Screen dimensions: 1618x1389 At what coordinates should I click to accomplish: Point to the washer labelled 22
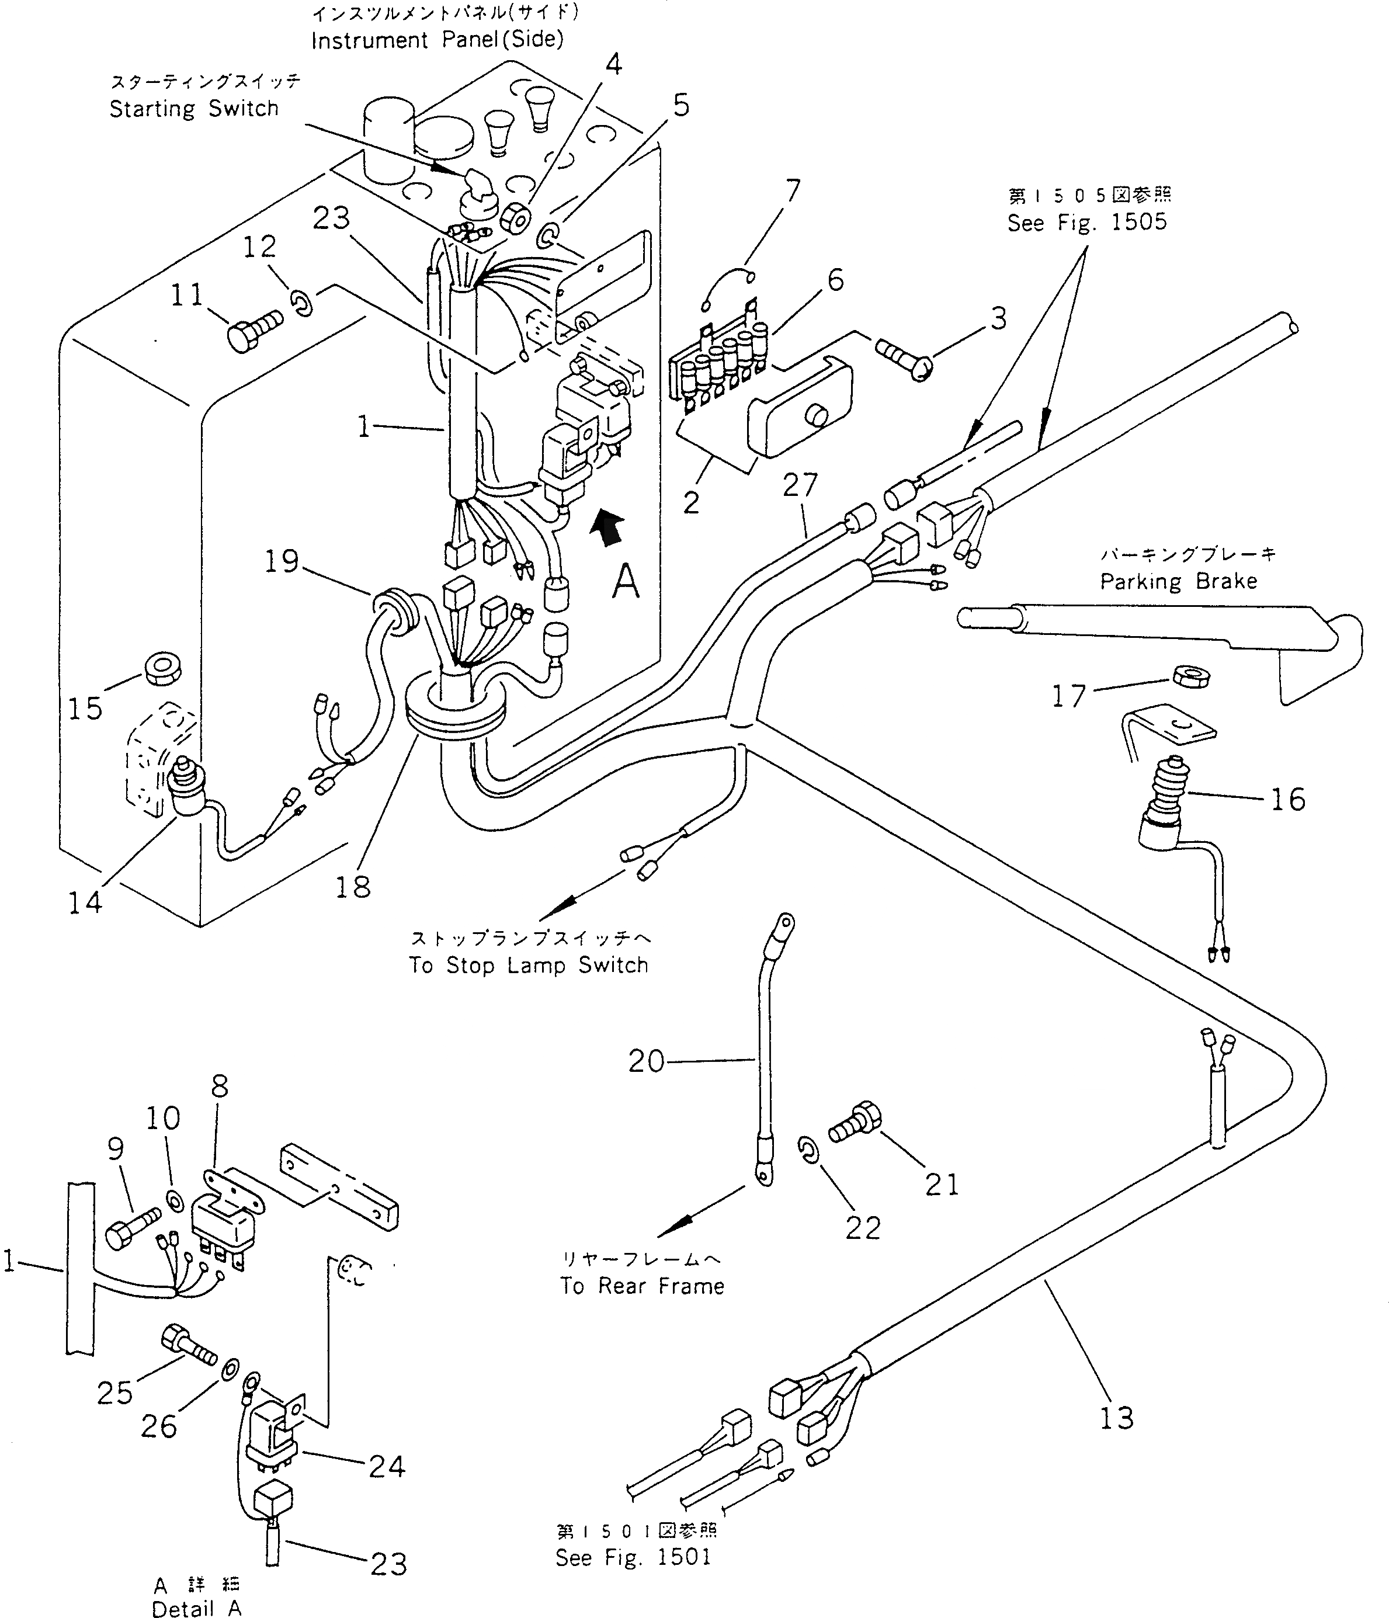[809, 1150]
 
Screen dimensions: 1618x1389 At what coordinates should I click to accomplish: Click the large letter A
[626, 582]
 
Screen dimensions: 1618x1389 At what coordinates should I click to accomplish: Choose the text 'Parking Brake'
[1178, 581]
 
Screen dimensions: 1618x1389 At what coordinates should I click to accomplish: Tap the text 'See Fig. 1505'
[1087, 223]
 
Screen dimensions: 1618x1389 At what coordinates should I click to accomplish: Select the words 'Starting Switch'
[194, 109]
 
